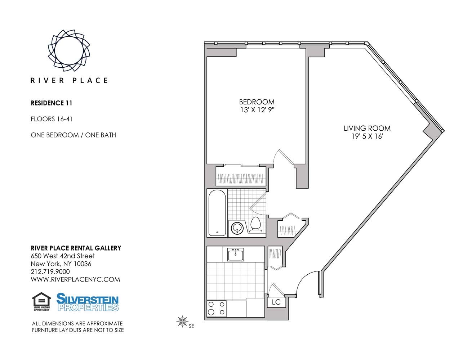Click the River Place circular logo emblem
click(69, 50)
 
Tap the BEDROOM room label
click(257, 102)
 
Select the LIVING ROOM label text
click(367, 128)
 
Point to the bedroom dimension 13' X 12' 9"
click(257, 110)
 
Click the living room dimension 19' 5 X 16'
click(367, 136)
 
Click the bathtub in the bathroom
click(217, 213)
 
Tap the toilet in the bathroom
click(255, 225)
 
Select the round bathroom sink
click(237, 228)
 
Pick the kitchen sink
click(236, 255)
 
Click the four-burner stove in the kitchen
click(217, 309)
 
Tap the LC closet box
click(276, 302)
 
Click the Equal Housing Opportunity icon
click(41, 302)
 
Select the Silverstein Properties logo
click(88, 302)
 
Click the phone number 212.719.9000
click(50, 272)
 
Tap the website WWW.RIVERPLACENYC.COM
click(75, 280)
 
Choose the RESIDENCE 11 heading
click(52, 103)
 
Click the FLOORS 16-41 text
click(49, 119)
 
